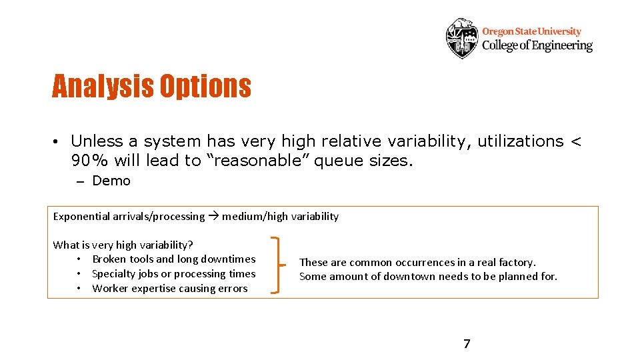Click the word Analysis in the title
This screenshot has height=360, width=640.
(101, 87)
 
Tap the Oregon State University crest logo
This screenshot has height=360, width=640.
(462, 38)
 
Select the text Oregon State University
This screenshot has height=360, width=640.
(531, 31)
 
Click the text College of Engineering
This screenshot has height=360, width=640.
(537, 45)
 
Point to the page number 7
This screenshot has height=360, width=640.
(467, 344)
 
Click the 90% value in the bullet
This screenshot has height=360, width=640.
(91, 161)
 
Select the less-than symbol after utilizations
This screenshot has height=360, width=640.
(576, 141)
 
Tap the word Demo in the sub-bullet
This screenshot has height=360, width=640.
(111, 181)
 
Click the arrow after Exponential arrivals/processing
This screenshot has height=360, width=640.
(213, 216)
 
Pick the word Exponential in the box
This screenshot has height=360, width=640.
(81, 216)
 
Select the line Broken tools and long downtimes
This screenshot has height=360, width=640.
(173, 259)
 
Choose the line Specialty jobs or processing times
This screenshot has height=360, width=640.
(173, 273)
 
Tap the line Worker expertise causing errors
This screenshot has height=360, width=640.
(169, 288)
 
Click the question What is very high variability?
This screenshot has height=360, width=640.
(123, 245)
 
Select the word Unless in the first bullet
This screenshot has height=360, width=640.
(97, 141)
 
